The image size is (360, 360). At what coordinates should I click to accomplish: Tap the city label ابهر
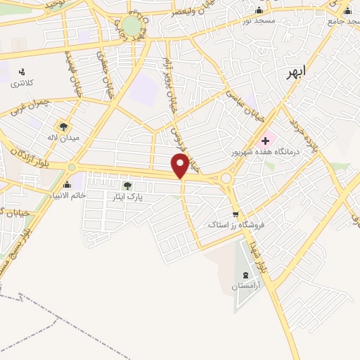point(299,72)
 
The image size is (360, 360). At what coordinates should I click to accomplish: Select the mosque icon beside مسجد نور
point(259,10)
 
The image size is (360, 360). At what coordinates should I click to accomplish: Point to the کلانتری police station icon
point(22,71)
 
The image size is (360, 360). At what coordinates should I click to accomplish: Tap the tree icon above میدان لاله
point(64,127)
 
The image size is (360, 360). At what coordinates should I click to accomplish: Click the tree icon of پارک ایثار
point(127,186)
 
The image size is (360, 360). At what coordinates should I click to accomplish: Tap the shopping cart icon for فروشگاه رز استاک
point(235,214)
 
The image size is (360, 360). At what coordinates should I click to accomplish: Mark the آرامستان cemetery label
point(245,286)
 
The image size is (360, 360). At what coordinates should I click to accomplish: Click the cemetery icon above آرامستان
point(245,275)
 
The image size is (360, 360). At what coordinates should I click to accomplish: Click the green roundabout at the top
point(131,26)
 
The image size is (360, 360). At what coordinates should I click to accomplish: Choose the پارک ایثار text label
point(127,198)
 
